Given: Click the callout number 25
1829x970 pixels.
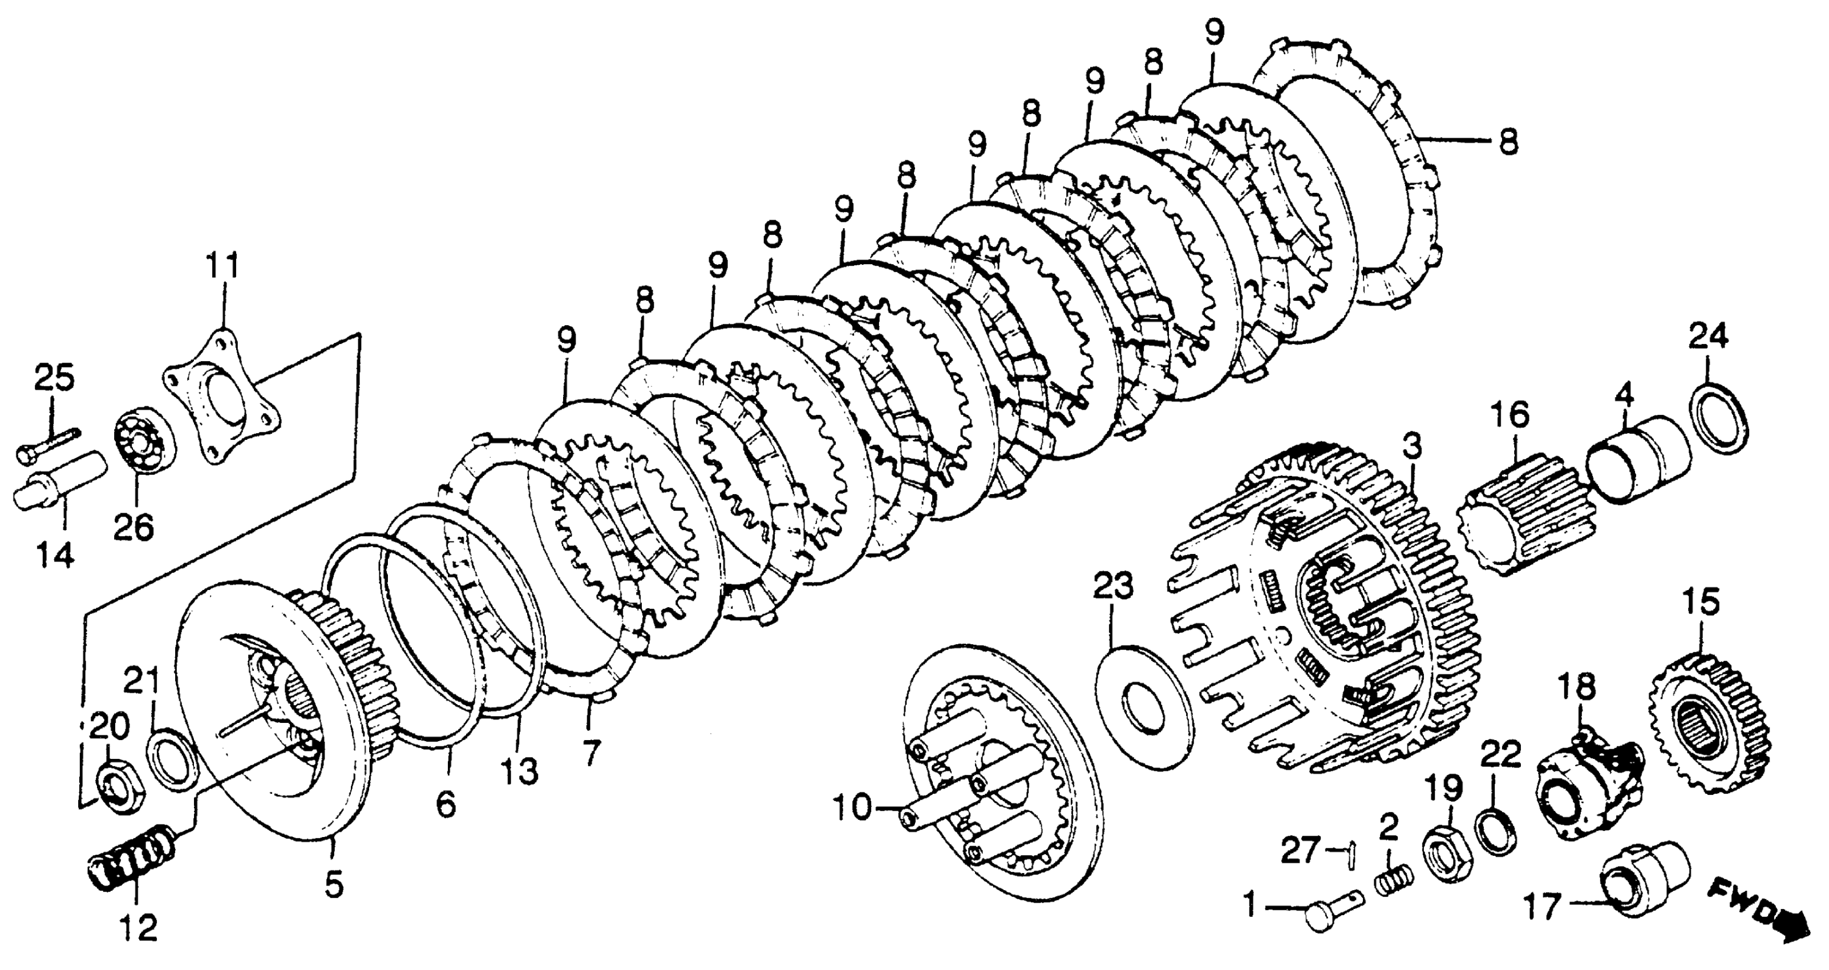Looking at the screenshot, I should click(55, 378).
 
